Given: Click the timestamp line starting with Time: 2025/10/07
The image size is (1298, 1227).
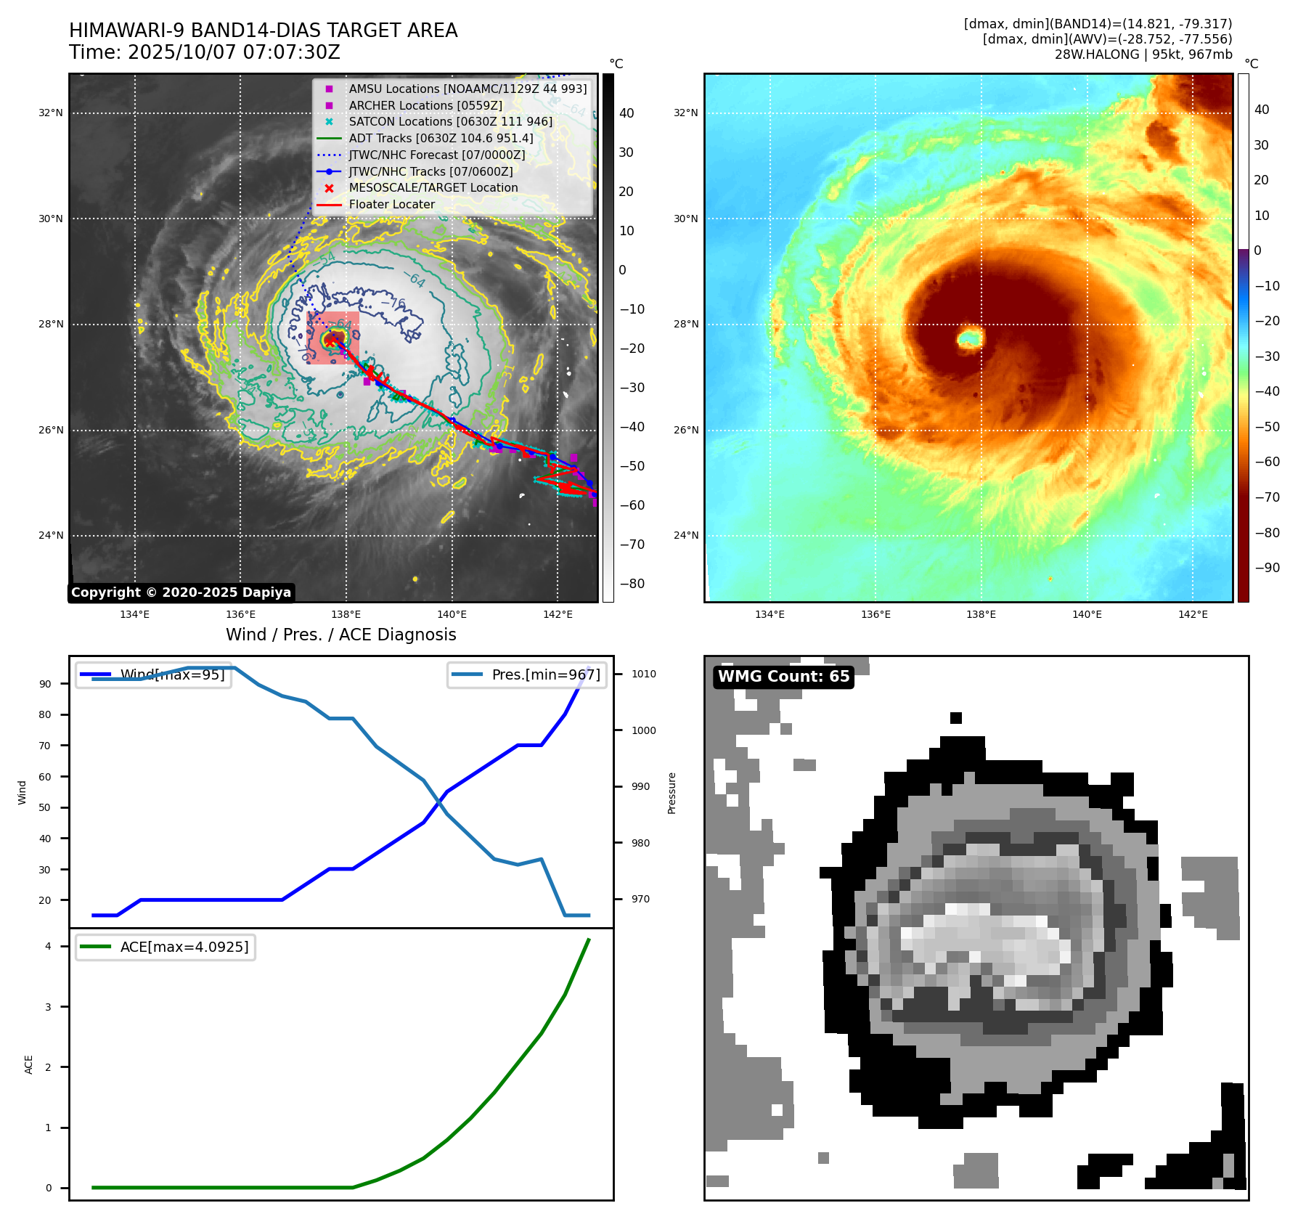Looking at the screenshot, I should (204, 53).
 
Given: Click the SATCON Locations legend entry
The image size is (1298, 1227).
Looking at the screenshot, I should (450, 122).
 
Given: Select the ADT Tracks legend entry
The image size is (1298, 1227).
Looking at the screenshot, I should (441, 138).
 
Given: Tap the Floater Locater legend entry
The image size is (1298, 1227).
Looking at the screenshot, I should (391, 205).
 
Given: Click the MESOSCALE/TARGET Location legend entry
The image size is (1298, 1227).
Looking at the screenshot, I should (433, 188).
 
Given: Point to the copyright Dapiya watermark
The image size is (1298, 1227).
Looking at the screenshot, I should (181, 592).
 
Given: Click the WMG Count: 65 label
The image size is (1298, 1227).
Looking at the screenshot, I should (783, 677).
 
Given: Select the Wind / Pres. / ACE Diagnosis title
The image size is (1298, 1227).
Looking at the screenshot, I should (340, 635).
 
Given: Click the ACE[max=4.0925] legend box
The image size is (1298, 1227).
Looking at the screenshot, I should (166, 947).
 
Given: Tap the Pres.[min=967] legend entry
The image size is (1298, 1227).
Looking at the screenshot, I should (527, 674).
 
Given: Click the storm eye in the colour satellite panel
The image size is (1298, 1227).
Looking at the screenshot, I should (970, 338).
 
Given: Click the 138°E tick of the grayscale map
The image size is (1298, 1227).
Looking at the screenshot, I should (346, 615).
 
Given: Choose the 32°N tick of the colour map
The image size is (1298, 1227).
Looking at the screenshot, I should (685, 113).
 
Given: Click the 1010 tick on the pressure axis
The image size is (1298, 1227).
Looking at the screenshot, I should (643, 674).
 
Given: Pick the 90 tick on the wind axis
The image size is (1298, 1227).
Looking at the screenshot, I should (45, 684).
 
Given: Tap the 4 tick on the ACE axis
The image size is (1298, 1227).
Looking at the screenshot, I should (48, 946).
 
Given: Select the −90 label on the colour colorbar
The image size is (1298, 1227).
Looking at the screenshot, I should (1267, 568).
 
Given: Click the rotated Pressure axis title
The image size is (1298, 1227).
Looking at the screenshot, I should (672, 793).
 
